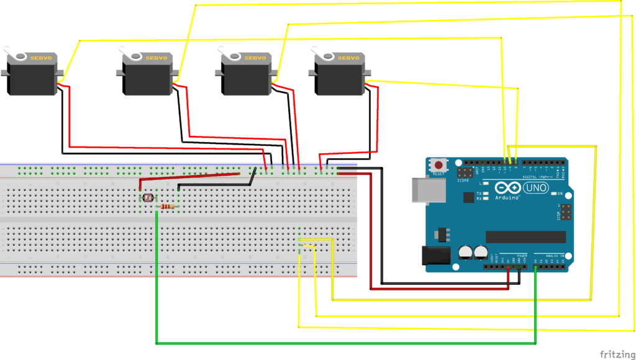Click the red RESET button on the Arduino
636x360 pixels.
439,166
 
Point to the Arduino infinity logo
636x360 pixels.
508,187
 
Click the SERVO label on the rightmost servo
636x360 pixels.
347,58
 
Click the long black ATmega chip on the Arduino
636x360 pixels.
525,237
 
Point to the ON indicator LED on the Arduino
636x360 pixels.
553,194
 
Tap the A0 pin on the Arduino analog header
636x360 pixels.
535,268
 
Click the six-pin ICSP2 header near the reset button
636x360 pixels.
465,172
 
